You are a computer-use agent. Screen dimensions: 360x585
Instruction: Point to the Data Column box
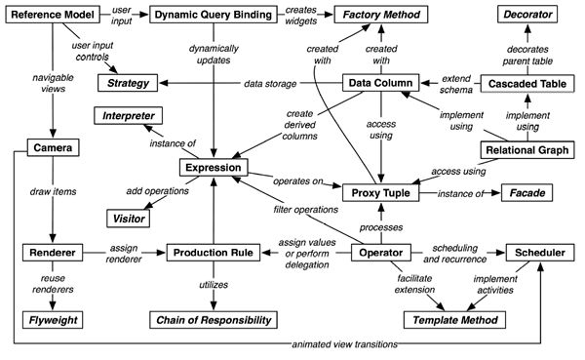point(382,85)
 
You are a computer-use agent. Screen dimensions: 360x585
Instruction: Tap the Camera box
point(51,148)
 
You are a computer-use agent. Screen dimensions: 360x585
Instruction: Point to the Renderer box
point(51,254)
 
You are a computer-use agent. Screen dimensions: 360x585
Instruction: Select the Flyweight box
point(51,318)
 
